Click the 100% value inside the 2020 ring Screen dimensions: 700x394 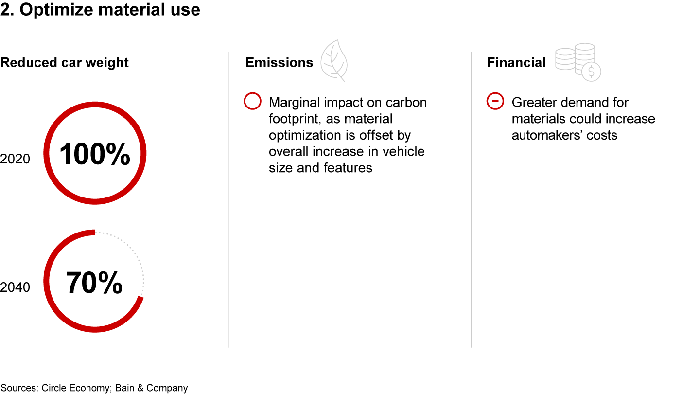click(95, 154)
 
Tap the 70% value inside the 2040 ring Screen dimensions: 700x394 click(94, 282)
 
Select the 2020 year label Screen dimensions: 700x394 click(15, 159)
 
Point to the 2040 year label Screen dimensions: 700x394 click(15, 287)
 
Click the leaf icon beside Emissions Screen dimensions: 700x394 click(334, 60)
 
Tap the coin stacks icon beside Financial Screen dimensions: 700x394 click(578, 62)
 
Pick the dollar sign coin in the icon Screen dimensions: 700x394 click(591, 72)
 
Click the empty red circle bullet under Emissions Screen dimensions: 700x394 click(252, 101)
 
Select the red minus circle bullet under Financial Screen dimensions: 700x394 click(495, 101)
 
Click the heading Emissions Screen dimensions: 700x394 click(280, 63)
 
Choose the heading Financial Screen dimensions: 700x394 click(517, 63)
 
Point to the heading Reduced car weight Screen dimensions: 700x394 click(64, 63)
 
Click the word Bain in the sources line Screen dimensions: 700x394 click(124, 388)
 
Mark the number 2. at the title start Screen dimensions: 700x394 click(7, 10)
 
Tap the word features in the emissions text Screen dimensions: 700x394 click(348, 168)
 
